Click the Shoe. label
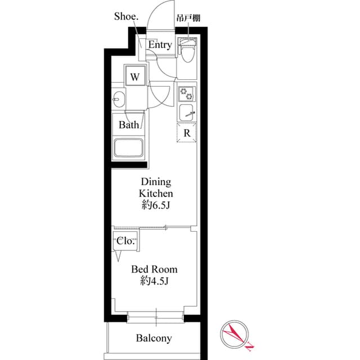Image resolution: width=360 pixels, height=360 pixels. click(x=126, y=16)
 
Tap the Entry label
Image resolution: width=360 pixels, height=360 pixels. click(x=160, y=45)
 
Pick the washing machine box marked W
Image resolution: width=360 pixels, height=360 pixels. click(x=136, y=76)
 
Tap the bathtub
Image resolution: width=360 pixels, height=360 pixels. click(x=129, y=148)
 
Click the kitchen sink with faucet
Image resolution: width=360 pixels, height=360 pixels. click(x=187, y=112)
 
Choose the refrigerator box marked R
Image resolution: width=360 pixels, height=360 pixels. click(x=187, y=133)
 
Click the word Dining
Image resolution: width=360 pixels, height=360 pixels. click(x=156, y=182)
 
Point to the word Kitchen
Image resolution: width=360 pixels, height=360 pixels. click(x=156, y=193)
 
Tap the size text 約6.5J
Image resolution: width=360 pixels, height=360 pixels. click(x=156, y=206)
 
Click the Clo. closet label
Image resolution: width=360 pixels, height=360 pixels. click(x=125, y=241)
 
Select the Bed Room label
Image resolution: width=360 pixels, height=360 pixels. click(x=154, y=269)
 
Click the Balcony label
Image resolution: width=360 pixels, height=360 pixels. click(x=154, y=338)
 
